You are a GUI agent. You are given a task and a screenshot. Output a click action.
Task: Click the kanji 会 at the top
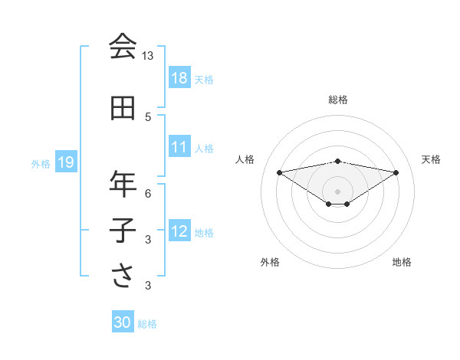123,47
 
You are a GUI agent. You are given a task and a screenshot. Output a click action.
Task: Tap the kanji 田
123,108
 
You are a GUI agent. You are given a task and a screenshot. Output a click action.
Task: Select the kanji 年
123,184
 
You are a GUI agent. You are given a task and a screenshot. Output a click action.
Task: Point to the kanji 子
123,231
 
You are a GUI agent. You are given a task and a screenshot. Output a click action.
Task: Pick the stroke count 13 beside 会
148,56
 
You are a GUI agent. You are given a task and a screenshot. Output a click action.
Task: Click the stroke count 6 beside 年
148,194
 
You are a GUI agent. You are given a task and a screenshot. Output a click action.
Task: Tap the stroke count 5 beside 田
148,117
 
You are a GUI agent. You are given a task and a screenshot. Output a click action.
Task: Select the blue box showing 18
179,78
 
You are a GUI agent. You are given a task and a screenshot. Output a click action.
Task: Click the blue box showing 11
179,147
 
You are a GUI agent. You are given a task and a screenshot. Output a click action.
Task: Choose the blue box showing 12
179,231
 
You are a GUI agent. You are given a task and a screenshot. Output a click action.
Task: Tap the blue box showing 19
65,162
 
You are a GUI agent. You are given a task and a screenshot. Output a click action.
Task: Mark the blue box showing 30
123,323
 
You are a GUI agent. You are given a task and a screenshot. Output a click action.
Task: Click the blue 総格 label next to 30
147,324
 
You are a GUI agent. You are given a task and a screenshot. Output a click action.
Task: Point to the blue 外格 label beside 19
41,163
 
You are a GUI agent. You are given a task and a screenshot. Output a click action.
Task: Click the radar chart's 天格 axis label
431,159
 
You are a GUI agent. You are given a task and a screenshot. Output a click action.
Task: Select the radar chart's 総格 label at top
338,100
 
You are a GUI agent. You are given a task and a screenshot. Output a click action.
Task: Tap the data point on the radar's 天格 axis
396,172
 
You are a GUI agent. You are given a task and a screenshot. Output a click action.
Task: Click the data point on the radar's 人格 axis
279,172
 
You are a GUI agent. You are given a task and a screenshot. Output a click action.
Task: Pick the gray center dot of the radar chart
337,191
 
